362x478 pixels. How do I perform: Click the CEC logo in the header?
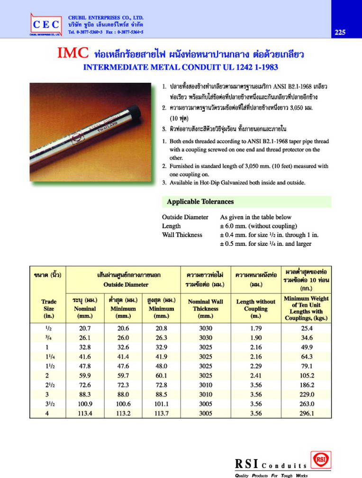(46, 24)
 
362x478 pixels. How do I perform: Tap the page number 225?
(340, 32)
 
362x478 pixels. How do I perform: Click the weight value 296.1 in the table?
(307, 413)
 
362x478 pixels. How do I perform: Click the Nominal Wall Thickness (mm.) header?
(205, 308)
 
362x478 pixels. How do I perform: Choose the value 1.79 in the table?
(255, 328)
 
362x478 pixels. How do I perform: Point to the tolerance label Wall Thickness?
(182, 235)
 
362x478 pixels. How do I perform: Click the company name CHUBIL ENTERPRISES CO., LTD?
(106, 18)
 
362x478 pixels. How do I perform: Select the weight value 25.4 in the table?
(307, 328)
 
